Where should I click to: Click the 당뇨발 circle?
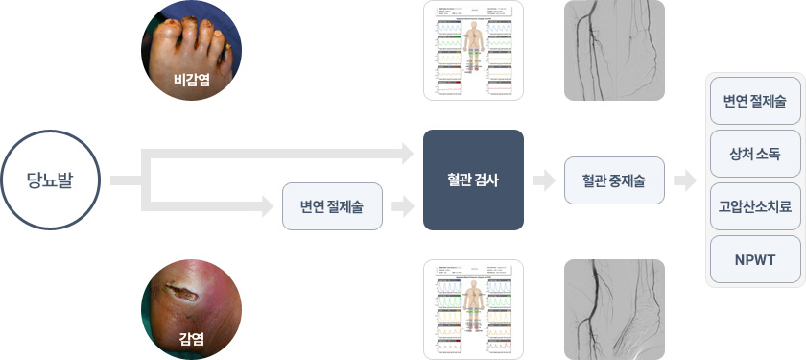(x=52, y=180)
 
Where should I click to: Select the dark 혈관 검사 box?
(x=473, y=180)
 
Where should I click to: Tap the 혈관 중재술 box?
(x=614, y=180)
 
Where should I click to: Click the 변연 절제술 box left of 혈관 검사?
(x=332, y=205)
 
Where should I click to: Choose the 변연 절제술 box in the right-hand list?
(x=755, y=100)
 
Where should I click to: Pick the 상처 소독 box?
(x=755, y=153)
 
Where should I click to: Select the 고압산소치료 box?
(x=755, y=205)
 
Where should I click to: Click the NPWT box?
(x=755, y=258)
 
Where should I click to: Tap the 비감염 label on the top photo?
(x=191, y=82)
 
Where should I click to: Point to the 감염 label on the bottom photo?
(x=191, y=337)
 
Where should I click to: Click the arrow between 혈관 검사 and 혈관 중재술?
(x=544, y=180)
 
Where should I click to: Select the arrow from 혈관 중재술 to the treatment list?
(x=685, y=180)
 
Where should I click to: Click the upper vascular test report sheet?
(x=473, y=51)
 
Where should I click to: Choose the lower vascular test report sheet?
(x=473, y=309)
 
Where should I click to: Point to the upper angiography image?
(x=614, y=51)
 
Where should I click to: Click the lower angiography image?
(x=614, y=309)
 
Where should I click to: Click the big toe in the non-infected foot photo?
(x=162, y=38)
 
